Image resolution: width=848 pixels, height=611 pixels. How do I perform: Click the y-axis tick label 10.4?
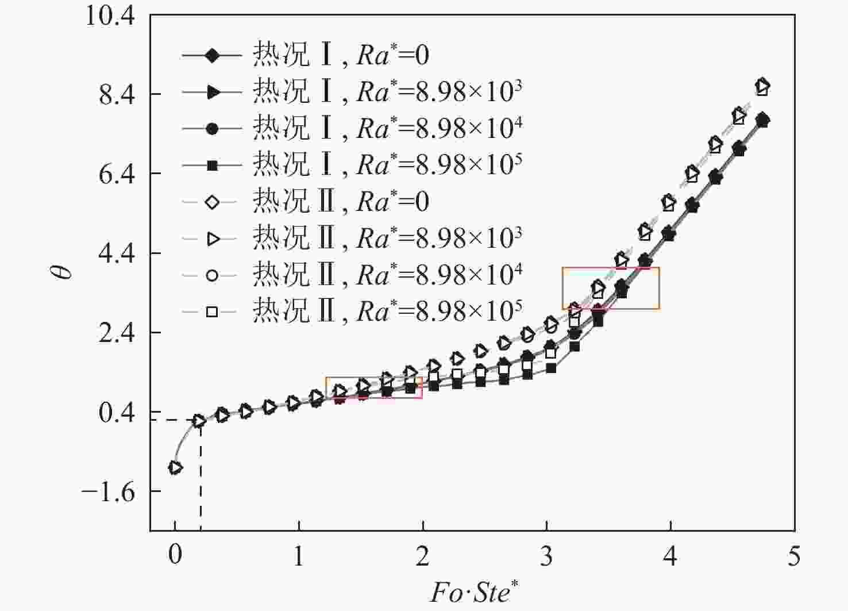[x=110, y=16]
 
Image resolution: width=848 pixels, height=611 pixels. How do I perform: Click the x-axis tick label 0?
[x=175, y=555]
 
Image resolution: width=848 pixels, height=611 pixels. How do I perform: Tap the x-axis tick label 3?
[x=546, y=555]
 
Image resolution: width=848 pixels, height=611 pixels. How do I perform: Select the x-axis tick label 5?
[x=793, y=555]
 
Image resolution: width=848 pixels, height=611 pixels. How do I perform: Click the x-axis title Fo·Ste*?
[x=475, y=592]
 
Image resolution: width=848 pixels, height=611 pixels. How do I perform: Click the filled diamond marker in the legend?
[x=211, y=56]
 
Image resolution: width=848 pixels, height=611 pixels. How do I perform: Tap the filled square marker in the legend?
[x=211, y=166]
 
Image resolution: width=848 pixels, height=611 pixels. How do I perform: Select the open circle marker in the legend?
[x=211, y=275]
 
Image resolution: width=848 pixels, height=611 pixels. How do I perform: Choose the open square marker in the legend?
[x=211, y=312]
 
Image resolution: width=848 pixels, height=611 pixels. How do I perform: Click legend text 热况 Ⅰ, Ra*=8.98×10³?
[x=387, y=91]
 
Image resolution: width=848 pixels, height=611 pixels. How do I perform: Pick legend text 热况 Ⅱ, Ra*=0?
[x=341, y=202]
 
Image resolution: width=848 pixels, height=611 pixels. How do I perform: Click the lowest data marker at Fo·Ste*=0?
[x=175, y=467]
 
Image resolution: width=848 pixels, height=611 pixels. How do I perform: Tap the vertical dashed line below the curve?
[x=201, y=477]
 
